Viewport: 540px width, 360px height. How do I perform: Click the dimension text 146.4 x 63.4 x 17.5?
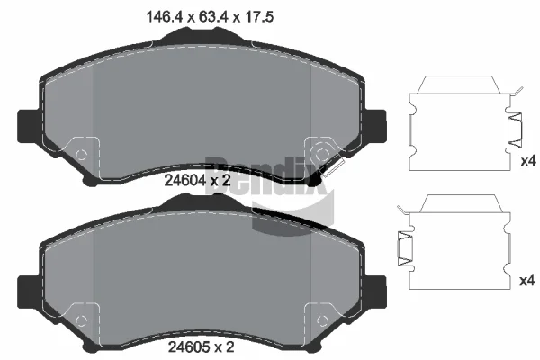(210, 16)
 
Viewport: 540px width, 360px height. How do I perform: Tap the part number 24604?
(184, 180)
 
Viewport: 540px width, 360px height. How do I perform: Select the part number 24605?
(189, 346)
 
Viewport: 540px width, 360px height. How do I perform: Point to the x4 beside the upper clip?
(528, 161)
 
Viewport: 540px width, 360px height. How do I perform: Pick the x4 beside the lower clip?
(527, 281)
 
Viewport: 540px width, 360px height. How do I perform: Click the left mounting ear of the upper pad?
(28, 126)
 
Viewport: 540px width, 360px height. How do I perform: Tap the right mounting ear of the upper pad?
(376, 126)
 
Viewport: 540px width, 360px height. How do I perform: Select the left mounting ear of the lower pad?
(28, 292)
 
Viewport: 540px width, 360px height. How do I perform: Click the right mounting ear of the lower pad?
(376, 292)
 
